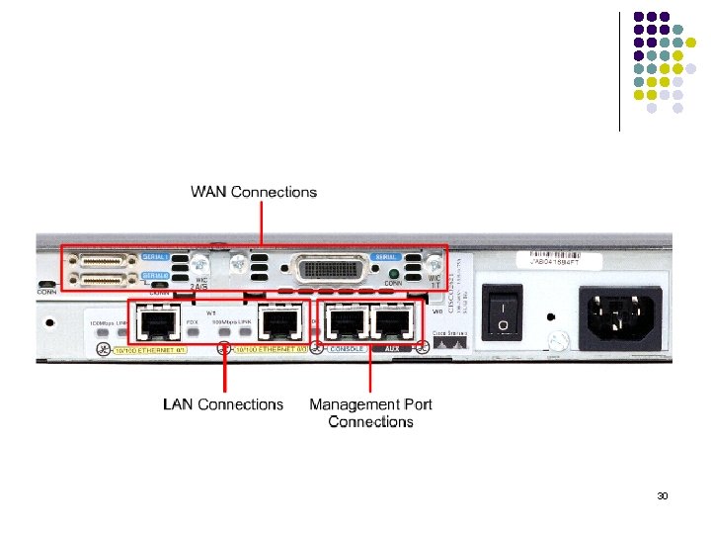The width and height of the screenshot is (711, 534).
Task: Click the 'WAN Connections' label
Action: click(254, 192)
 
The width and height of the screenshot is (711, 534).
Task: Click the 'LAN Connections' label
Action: click(222, 404)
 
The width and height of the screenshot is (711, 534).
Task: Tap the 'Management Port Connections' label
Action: click(370, 412)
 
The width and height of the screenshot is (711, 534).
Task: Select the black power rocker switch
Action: click(504, 312)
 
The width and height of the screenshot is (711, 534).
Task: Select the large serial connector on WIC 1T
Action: click(330, 268)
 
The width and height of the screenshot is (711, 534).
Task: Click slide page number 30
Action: click(663, 495)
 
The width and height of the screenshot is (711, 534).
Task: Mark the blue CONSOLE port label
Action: click(346, 348)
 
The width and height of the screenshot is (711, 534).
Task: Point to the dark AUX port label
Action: click(393, 348)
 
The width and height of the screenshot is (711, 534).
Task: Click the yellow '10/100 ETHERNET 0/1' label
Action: click(147, 350)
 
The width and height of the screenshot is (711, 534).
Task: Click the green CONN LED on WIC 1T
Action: click(394, 274)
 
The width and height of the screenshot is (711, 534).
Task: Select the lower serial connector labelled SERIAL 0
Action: click(106, 281)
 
